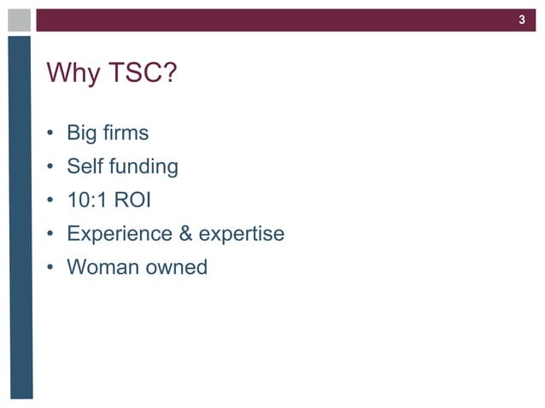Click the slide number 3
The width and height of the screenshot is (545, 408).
pyautogui.click(x=522, y=20)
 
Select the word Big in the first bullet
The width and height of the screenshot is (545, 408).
pyautogui.click(x=84, y=134)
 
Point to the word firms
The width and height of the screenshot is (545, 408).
pyautogui.click(x=126, y=133)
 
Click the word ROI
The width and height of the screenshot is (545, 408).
pyautogui.click(x=133, y=200)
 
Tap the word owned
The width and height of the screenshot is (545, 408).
pyautogui.click(x=176, y=267)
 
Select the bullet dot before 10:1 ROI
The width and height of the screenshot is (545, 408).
pyautogui.click(x=51, y=201)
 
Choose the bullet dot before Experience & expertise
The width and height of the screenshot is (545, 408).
pyautogui.click(x=51, y=235)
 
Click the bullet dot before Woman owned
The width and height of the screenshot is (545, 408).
pyautogui.click(x=51, y=268)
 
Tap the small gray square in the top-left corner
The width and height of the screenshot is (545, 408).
pyautogui.click(x=20, y=20)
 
